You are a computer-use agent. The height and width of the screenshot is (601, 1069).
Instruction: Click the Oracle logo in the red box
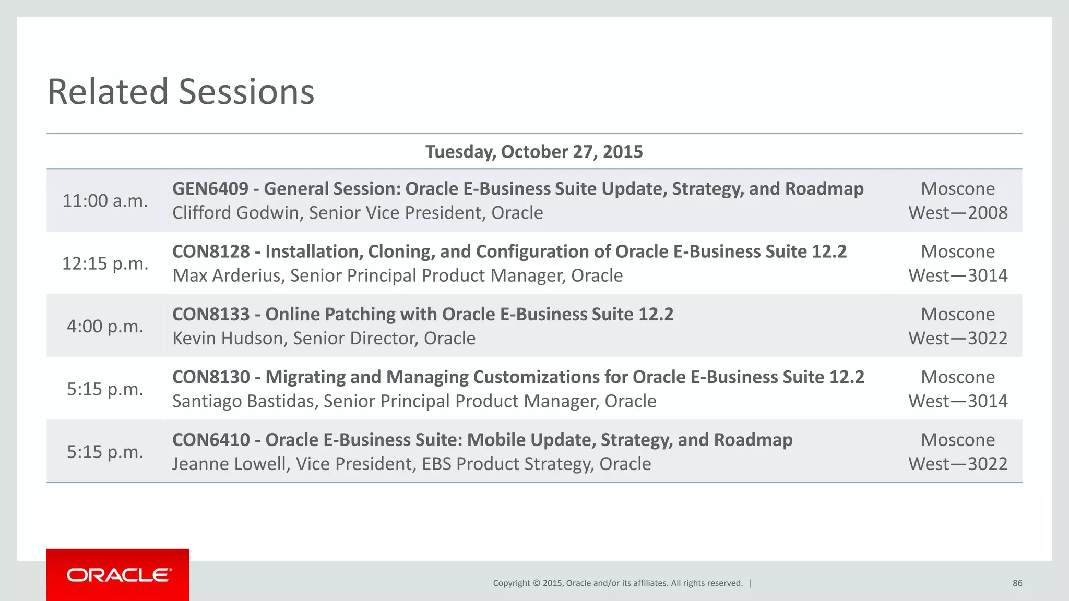(119, 575)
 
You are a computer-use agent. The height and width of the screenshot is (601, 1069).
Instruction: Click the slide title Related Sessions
(181, 92)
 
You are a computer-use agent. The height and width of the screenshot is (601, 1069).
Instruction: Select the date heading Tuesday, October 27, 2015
(534, 152)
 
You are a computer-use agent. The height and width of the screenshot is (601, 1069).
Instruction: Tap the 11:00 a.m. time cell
(105, 201)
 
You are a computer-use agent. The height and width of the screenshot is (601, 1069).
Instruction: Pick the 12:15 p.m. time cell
(105, 263)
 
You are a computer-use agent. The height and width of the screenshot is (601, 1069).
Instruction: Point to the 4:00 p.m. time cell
(105, 327)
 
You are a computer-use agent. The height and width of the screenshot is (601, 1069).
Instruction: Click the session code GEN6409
(210, 189)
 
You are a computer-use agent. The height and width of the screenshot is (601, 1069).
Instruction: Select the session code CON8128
(211, 251)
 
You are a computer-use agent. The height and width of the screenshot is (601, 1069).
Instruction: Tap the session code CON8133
(211, 315)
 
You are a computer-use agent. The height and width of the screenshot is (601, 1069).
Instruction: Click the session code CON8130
(211, 377)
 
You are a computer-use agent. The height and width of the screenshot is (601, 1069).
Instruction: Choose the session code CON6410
(211, 440)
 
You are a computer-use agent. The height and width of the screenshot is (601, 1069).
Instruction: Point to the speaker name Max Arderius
(228, 275)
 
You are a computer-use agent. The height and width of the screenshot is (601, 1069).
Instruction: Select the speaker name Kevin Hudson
(229, 339)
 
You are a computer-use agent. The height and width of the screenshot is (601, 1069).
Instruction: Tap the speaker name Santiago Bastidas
(244, 401)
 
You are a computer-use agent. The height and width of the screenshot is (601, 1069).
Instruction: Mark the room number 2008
(988, 213)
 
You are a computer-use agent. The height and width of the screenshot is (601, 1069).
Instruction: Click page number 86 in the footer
(1017, 583)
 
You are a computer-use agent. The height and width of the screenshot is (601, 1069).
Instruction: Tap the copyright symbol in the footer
(536, 583)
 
